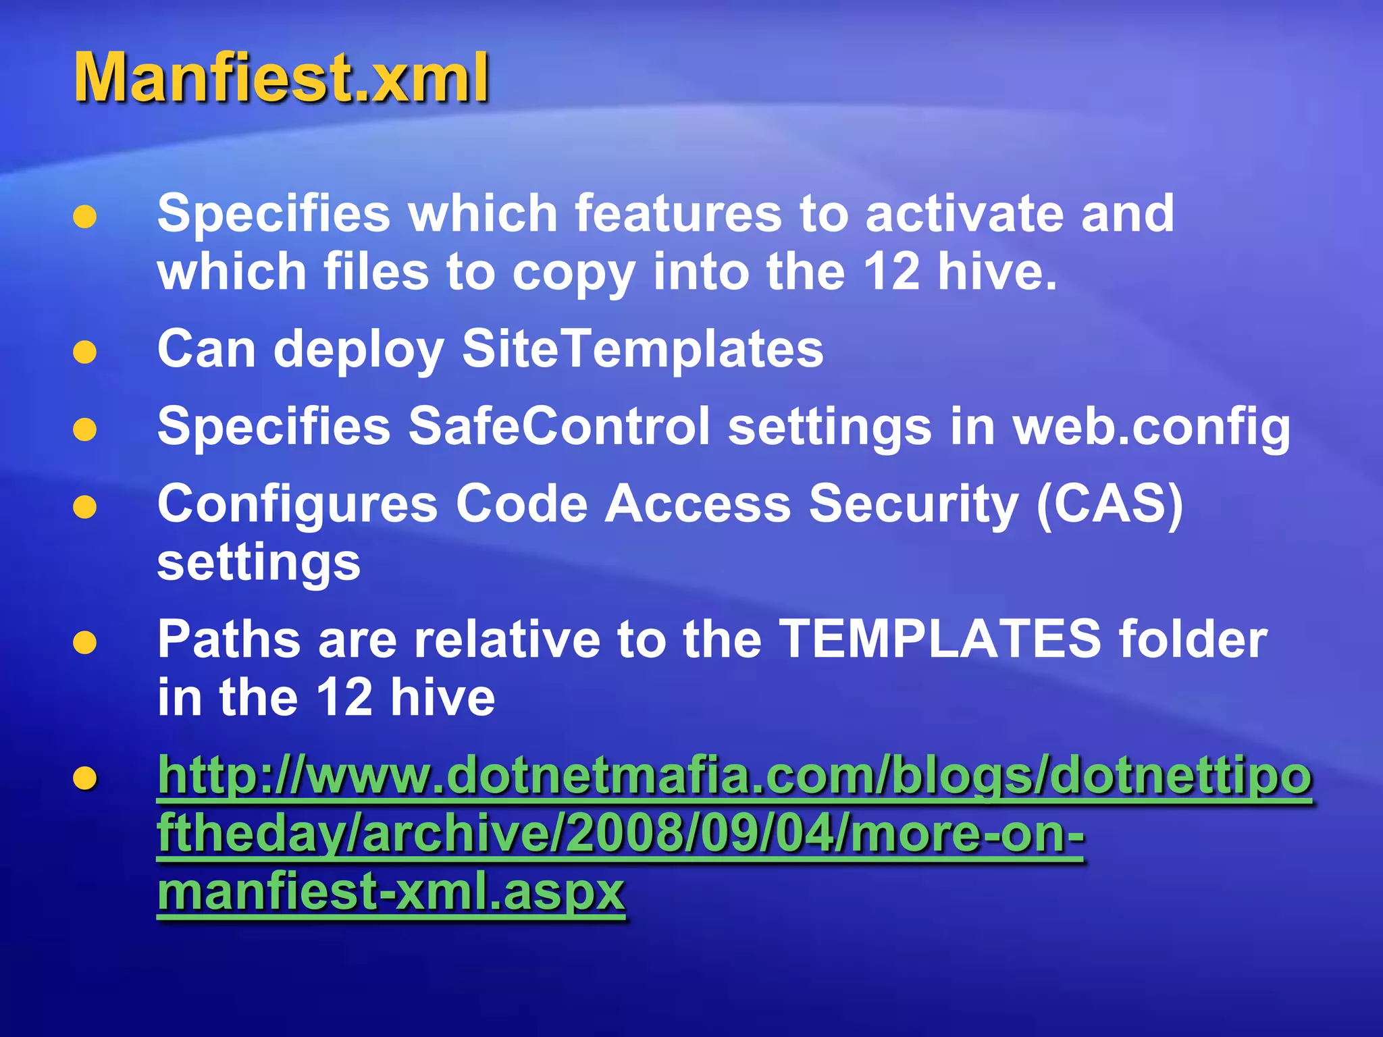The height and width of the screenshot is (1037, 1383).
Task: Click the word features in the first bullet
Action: pos(677,213)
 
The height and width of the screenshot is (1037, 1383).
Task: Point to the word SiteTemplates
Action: pos(642,349)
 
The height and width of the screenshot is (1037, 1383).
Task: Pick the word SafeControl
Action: pos(558,427)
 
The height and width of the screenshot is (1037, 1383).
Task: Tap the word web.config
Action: pos(1151,428)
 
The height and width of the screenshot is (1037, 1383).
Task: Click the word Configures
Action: pos(298,505)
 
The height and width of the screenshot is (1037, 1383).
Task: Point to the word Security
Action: pos(914,505)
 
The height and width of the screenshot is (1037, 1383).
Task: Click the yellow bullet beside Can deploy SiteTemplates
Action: pos(85,352)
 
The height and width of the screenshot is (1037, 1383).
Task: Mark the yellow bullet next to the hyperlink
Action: pos(85,778)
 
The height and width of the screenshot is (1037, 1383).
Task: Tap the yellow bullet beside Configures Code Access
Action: pos(85,507)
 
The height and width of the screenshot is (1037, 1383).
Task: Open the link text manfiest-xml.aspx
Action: pos(391,892)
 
